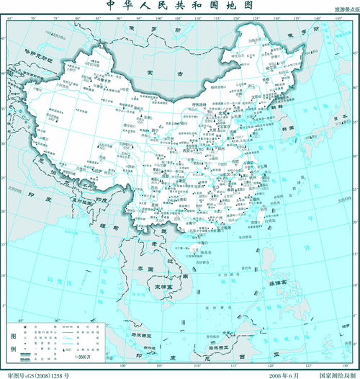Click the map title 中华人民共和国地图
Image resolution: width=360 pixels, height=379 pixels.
pos(180,5)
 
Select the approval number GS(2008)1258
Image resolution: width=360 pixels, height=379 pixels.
pos(43,375)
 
